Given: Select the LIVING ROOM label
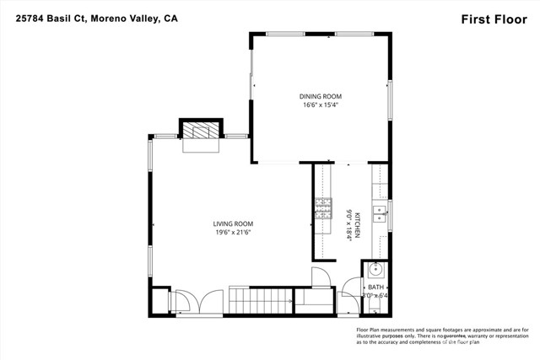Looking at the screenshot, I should tap(233, 223).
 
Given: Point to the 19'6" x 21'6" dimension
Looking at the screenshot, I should tap(233, 233).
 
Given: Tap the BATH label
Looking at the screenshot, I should tap(375, 287).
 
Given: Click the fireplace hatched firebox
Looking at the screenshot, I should tap(201, 130).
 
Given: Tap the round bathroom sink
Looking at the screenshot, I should tap(376, 271).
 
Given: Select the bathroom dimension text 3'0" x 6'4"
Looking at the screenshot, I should tap(375, 296).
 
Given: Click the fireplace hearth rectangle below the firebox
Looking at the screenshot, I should tap(201, 146).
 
